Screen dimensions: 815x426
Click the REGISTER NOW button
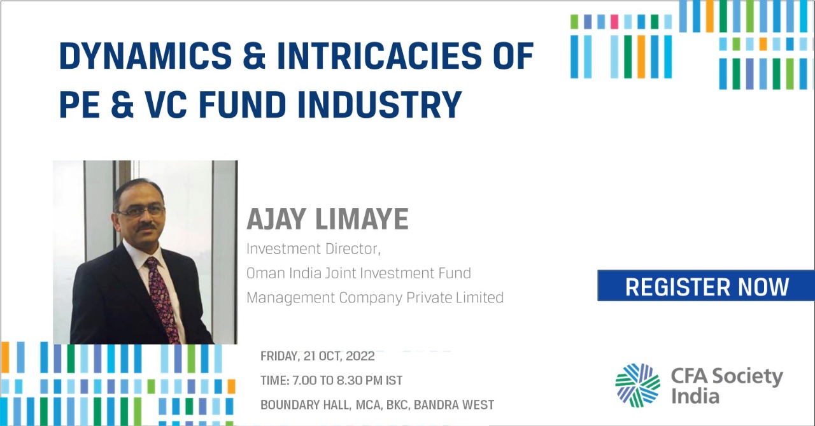[706, 285]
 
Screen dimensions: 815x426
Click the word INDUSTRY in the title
[380, 104]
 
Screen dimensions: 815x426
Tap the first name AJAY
[276, 219]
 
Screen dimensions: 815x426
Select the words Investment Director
[313, 249]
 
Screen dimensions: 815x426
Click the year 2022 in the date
[360, 356]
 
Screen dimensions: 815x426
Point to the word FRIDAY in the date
[280, 356]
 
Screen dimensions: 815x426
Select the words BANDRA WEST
[454, 404]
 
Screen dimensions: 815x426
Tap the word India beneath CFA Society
[695, 396]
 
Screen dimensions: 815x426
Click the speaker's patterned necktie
[162, 298]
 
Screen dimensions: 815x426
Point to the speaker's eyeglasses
[141, 211]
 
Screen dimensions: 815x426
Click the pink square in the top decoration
[614, 22]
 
